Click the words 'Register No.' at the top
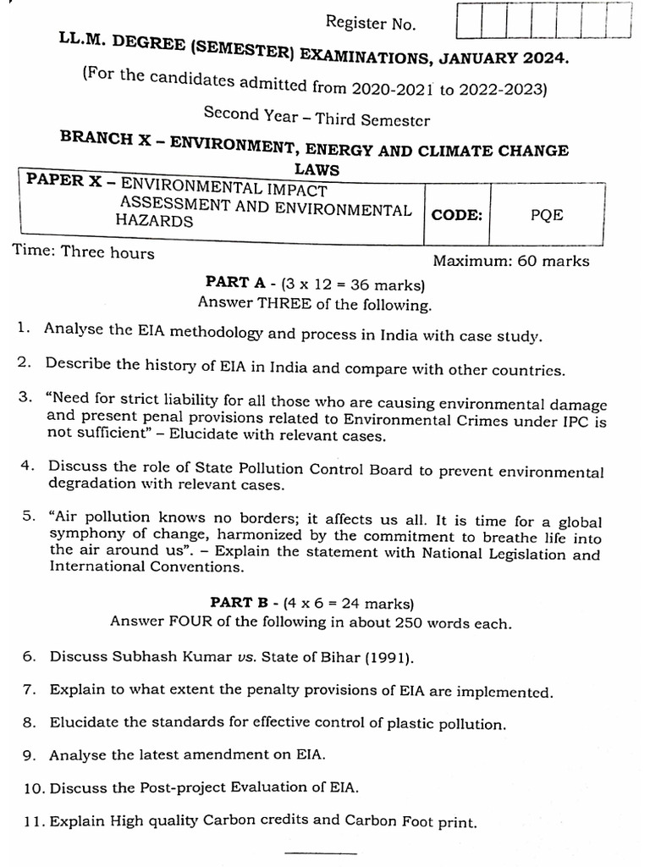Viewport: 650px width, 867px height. (371, 24)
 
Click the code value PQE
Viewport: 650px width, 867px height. (547, 214)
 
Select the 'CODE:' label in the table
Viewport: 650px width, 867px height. (457, 214)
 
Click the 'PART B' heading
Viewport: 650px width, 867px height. (239, 603)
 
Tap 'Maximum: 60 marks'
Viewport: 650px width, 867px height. (511, 261)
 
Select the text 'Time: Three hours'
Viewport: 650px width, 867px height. (83, 252)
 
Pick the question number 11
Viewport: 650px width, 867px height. (35, 820)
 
